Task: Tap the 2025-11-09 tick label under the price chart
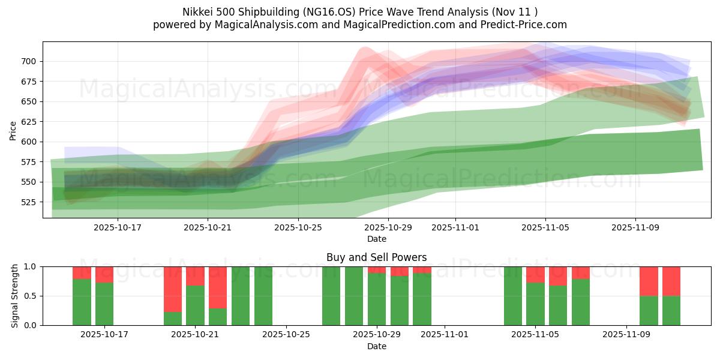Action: (635, 228)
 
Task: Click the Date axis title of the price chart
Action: (377, 239)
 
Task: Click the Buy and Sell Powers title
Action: (377, 257)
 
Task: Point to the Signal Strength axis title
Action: (15, 296)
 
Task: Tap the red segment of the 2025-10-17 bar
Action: (104, 274)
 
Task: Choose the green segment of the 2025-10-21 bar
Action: (195, 305)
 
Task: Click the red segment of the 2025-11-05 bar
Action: (535, 274)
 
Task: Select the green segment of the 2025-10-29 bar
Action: (377, 299)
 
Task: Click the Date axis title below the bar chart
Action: (377, 347)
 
